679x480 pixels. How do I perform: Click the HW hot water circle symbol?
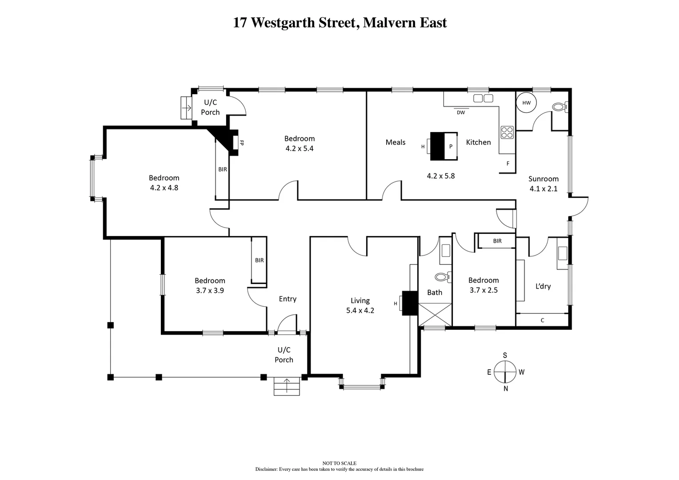click(527, 103)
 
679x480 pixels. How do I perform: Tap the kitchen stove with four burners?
click(507, 132)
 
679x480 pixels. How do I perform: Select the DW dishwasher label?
click(461, 113)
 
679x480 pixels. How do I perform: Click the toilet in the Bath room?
click(442, 277)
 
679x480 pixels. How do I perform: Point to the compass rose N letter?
click(506, 388)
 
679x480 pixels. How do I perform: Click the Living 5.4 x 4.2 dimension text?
click(360, 311)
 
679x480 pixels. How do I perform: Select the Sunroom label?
click(543, 179)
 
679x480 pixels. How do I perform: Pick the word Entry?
click(288, 299)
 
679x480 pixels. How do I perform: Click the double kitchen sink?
click(483, 98)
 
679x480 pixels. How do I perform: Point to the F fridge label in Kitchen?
click(508, 164)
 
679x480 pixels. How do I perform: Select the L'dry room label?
click(543, 286)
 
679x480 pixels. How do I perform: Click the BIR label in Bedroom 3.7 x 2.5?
click(497, 241)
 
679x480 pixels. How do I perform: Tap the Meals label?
click(395, 142)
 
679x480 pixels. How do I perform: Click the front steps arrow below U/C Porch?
click(287, 385)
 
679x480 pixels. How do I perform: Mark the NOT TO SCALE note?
click(339, 463)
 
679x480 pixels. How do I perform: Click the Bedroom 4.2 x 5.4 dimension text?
click(300, 148)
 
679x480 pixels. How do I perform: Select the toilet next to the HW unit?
click(559, 107)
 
